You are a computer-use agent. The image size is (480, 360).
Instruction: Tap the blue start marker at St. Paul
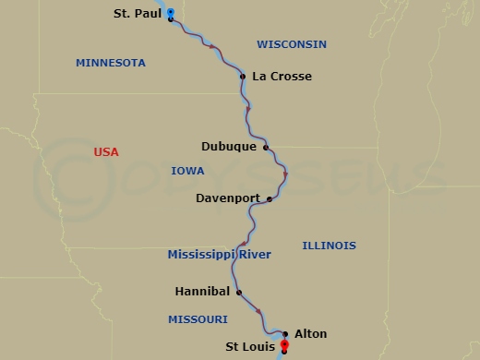pos(171,12)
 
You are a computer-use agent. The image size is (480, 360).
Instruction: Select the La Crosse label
pos(282,77)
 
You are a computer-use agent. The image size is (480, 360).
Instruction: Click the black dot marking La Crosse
pos(242,77)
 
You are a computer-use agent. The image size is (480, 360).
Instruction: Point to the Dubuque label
pos(230,146)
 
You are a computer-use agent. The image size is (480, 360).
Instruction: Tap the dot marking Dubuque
pos(265,147)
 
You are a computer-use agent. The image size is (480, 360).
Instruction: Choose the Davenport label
pos(227,198)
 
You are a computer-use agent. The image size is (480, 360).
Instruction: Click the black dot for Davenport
pos(269,198)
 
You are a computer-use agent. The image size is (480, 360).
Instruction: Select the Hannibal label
pos(201,291)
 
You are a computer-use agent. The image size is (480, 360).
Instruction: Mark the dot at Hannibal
pos(239,292)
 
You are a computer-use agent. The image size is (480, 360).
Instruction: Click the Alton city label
pos(310,334)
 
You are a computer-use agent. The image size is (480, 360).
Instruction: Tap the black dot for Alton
pos(286,334)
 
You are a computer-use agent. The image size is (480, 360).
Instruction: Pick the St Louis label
pos(249,348)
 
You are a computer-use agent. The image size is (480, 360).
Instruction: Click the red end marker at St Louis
pos(284,347)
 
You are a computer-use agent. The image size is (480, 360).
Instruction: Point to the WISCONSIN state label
pos(292,44)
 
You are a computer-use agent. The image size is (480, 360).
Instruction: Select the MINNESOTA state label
pos(111,63)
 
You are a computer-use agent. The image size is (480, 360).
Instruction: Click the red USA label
pos(106,151)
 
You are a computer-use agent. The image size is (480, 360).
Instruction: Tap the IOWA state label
pos(187,171)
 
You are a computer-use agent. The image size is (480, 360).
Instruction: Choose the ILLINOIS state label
pos(329,246)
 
